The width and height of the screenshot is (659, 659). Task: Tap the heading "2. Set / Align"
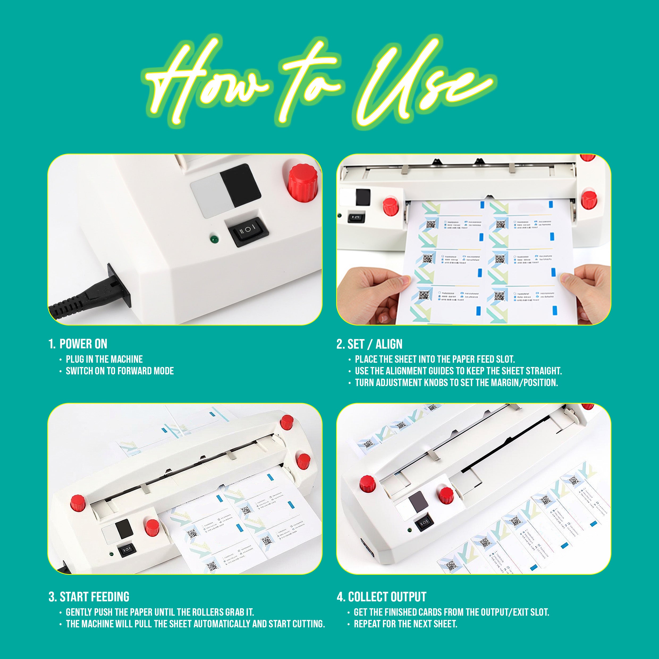[369, 344]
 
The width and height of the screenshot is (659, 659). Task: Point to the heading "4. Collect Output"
[382, 597]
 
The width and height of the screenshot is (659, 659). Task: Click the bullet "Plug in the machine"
[104, 359]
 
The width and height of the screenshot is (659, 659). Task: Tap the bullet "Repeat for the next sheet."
[405, 624]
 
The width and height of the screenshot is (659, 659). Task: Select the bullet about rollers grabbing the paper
[160, 612]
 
